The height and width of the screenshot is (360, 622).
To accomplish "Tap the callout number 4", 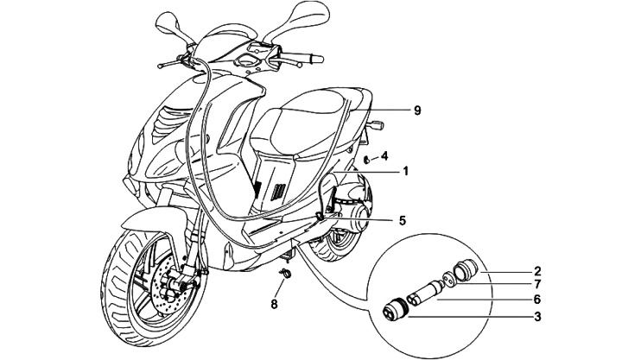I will point(385,156).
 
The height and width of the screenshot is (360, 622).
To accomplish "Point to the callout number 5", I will point(403,220).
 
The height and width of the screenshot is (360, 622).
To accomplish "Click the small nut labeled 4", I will point(368,159).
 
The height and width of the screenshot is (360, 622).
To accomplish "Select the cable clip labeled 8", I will point(285,275).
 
